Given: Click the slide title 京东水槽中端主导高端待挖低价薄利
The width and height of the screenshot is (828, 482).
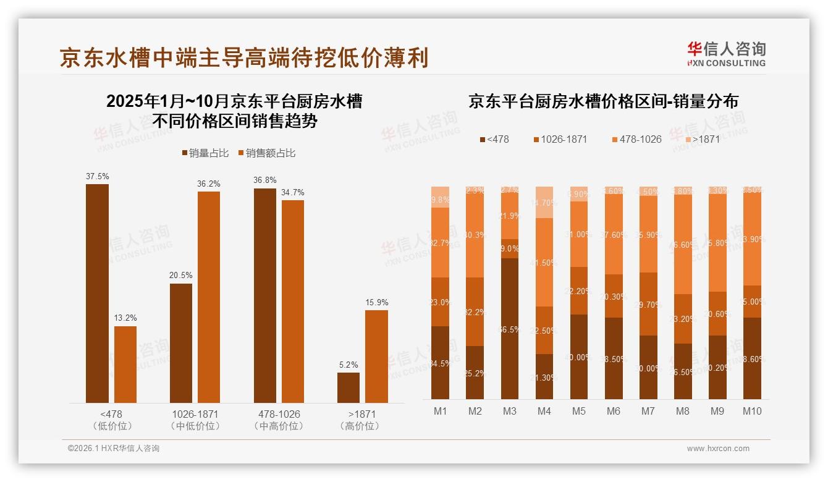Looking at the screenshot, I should [x=243, y=57].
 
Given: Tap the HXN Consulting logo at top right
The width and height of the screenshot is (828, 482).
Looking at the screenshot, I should [x=726, y=54].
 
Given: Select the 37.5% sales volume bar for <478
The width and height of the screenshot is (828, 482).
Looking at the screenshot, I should [x=97, y=294].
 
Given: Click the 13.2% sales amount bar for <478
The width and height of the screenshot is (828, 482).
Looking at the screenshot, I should [x=125, y=365].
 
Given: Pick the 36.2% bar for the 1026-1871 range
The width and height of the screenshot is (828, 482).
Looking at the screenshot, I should [x=209, y=297].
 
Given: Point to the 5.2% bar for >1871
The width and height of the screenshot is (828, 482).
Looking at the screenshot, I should [x=349, y=387].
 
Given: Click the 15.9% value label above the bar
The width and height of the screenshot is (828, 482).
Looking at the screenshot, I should [x=376, y=302].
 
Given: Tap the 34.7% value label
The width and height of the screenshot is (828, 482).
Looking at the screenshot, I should [x=292, y=192].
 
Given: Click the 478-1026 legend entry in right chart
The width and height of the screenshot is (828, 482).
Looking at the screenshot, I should [x=636, y=139].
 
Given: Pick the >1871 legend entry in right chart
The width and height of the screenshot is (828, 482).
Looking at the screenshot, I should [x=702, y=139].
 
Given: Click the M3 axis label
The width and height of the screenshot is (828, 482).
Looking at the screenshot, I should [x=509, y=411].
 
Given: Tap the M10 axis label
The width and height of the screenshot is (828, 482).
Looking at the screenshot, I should [x=751, y=411].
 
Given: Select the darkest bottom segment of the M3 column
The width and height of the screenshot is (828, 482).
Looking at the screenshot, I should [x=510, y=329].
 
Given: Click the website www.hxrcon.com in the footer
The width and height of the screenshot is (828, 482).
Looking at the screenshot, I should [x=718, y=449].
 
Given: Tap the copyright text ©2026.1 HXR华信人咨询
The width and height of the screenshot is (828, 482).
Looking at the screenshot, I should [x=114, y=449].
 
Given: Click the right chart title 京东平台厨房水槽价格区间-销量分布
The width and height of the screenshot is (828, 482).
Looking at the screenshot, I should [x=603, y=101].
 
